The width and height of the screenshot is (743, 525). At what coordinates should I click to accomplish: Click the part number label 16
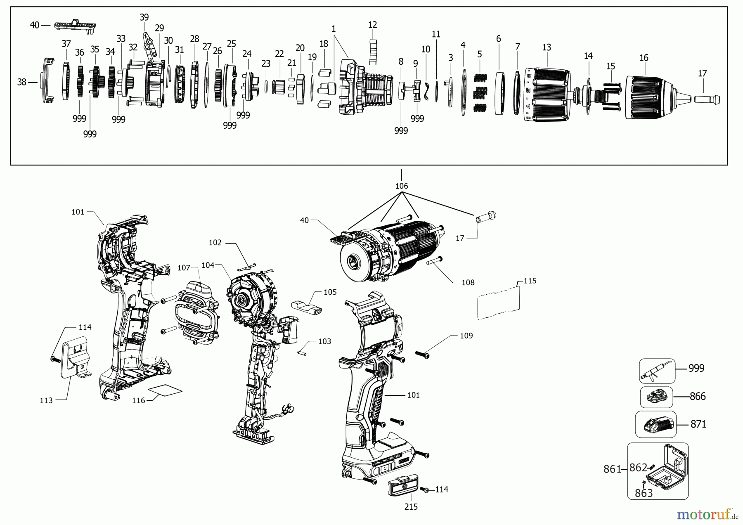(x=644, y=58)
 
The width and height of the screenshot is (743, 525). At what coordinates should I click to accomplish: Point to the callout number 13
(x=547, y=47)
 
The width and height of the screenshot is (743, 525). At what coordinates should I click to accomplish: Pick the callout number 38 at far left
(x=22, y=82)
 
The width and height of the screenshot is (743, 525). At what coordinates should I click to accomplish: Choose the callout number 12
(x=372, y=25)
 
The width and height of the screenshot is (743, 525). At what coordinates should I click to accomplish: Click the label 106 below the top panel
(x=402, y=186)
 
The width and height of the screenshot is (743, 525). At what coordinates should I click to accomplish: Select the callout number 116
(x=139, y=400)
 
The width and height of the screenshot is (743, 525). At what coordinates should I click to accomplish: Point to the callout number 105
(x=330, y=292)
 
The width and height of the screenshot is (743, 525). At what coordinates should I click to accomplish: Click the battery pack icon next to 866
(x=656, y=397)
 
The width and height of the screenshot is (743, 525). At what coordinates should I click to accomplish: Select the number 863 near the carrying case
(x=644, y=493)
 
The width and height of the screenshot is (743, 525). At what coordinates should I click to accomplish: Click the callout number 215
(x=411, y=507)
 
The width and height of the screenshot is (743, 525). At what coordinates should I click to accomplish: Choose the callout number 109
(x=466, y=336)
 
